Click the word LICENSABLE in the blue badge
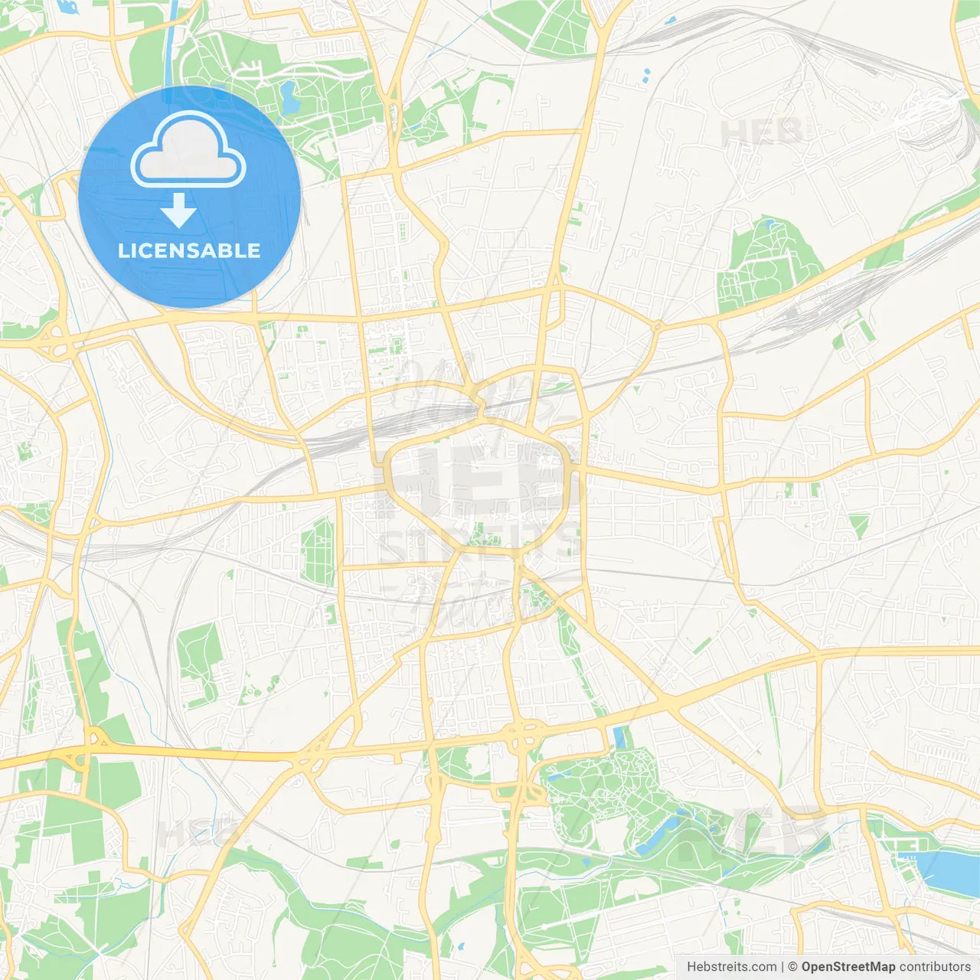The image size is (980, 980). pos(189,250)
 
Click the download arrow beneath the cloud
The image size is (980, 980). pos(178,211)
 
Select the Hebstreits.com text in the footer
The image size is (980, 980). pos(731,967)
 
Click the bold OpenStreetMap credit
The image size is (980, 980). pos(848,967)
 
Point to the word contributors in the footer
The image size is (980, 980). pos(935,967)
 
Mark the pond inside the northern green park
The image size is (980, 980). pos(289,97)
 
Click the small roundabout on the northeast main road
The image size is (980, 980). pos(657,327)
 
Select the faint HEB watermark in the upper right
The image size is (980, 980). pos(761,132)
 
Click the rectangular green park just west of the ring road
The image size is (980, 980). pos(318,551)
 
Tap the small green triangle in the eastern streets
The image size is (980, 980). pos(858,525)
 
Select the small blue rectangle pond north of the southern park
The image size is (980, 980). pos(619,737)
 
